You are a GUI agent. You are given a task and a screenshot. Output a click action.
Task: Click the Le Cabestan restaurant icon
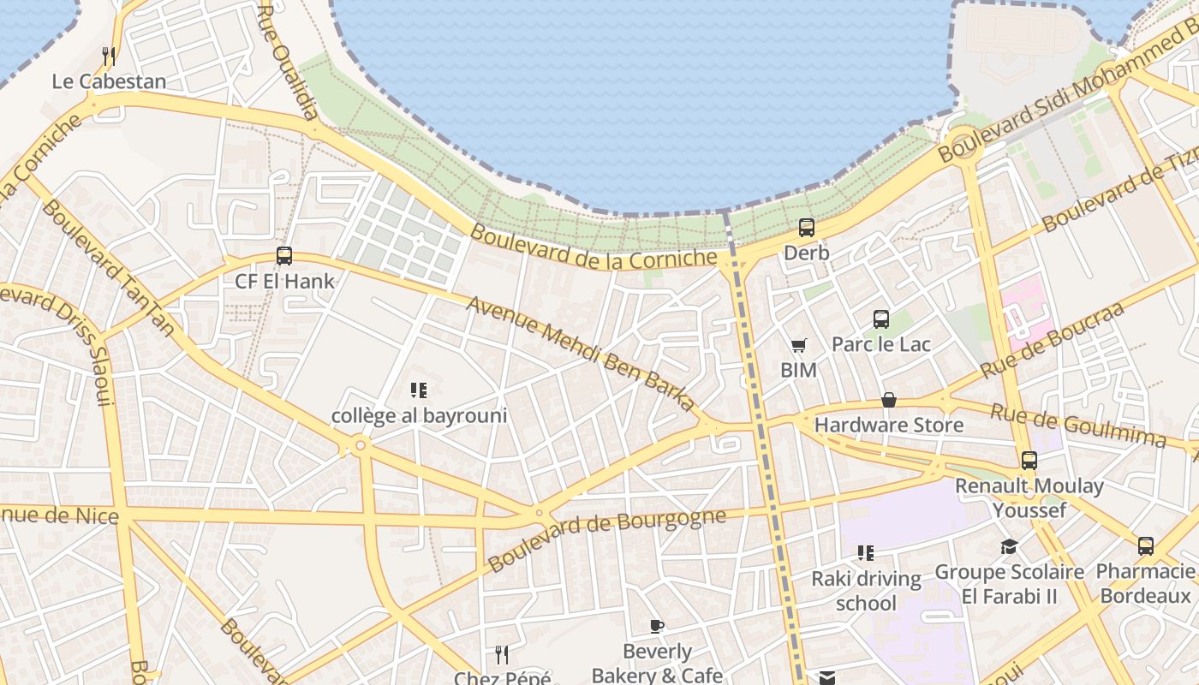pyautogui.click(x=109, y=57)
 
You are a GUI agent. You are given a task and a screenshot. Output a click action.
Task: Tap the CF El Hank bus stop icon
pyautogui.click(x=284, y=256)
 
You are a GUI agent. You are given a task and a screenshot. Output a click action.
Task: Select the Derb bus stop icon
pyautogui.click(x=807, y=228)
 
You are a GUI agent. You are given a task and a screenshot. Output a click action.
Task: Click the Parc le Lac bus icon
pyautogui.click(x=881, y=319)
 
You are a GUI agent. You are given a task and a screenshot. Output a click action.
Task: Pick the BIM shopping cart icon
pyautogui.click(x=798, y=345)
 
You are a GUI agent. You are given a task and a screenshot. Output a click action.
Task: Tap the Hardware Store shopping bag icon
pyautogui.click(x=889, y=400)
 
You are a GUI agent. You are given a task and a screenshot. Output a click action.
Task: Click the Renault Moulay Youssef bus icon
pyautogui.click(x=1029, y=461)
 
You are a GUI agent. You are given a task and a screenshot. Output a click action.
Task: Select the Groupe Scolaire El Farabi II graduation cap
pyautogui.click(x=1009, y=546)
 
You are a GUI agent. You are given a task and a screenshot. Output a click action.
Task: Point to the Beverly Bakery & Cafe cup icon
pyautogui.click(x=657, y=626)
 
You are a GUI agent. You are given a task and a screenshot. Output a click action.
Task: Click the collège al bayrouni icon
pyautogui.click(x=419, y=391)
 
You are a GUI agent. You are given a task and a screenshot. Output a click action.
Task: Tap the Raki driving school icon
pyautogui.click(x=866, y=553)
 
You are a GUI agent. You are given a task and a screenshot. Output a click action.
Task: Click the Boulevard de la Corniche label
pyautogui.click(x=593, y=247)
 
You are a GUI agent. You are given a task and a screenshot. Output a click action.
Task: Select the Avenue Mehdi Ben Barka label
pyautogui.click(x=581, y=354)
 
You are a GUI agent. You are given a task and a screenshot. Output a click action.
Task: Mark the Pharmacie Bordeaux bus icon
pyautogui.click(x=1146, y=546)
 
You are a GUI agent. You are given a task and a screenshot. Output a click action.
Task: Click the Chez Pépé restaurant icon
pyautogui.click(x=502, y=655)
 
